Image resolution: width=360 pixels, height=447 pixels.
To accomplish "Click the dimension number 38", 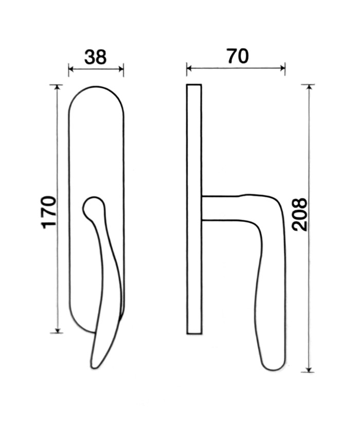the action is pyautogui.click(x=96, y=57).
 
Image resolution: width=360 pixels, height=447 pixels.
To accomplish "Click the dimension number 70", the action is pyautogui.click(x=238, y=56).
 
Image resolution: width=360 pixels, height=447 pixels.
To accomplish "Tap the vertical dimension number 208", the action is pyautogui.click(x=300, y=214).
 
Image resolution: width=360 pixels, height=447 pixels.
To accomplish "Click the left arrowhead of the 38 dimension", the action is pyautogui.click(x=71, y=69).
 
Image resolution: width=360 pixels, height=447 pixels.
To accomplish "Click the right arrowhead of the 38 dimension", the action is pyautogui.click(x=121, y=69).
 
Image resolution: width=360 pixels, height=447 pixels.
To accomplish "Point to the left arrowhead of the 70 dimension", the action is pyautogui.click(x=189, y=68).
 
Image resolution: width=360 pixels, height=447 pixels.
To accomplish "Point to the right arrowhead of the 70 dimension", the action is pyautogui.click(x=282, y=68).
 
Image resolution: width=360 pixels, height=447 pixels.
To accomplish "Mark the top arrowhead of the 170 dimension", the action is pyautogui.click(x=58, y=87).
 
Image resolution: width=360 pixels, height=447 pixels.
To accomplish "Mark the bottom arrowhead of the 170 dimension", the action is pyautogui.click(x=58, y=330).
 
